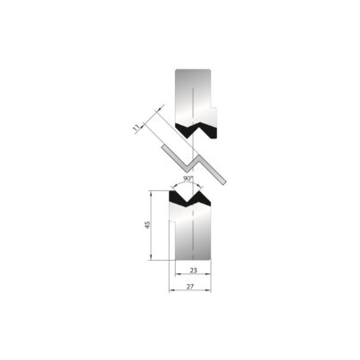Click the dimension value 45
147,224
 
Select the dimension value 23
193,270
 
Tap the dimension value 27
190,287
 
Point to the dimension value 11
136,128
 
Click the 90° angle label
187,179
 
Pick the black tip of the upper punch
197,130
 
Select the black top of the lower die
189,198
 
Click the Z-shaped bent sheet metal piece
194,163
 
